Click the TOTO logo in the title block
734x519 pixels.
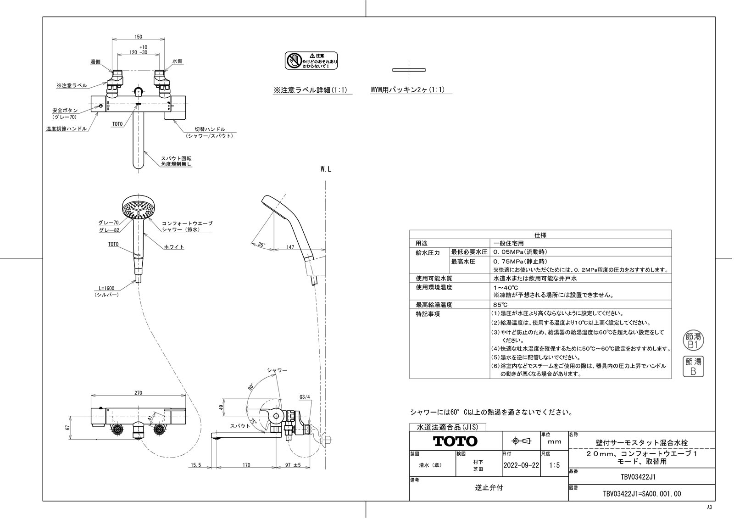pyautogui.click(x=455, y=441)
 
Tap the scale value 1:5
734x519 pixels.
pyautogui.click(x=554, y=465)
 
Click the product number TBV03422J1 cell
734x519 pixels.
pyautogui.click(x=641, y=476)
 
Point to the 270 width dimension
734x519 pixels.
pyautogui.click(x=139, y=393)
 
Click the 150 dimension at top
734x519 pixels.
pyautogui.click(x=139, y=37)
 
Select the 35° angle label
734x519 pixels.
pyautogui.click(x=261, y=245)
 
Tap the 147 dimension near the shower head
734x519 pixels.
pyautogui.click(x=290, y=247)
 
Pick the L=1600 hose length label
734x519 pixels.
pyautogui.click(x=107, y=288)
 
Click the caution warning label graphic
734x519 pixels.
pyautogui.click(x=311, y=61)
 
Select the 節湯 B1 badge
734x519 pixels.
pyautogui.click(x=693, y=340)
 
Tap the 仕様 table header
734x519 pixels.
pyautogui.click(x=540, y=234)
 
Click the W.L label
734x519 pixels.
pyautogui.click(x=325, y=169)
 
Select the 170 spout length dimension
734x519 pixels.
pyautogui.click(x=246, y=465)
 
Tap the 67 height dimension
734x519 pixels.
pyautogui.click(x=67, y=427)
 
